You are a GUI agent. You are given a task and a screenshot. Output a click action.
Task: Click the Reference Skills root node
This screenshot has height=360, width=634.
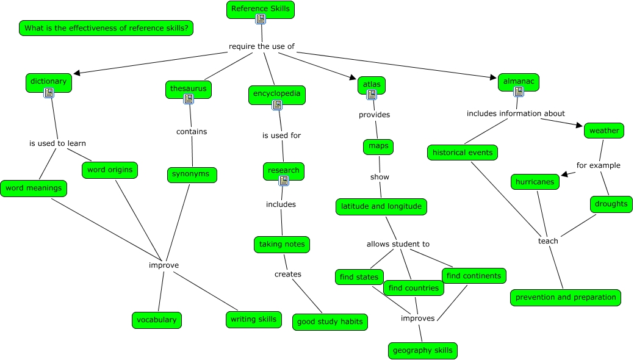(x=261, y=9)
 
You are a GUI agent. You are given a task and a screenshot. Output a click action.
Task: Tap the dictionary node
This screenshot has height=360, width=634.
(x=49, y=82)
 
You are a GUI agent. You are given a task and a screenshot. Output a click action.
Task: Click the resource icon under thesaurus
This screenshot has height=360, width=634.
(x=189, y=99)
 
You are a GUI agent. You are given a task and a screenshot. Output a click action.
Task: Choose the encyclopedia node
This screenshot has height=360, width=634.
(x=276, y=94)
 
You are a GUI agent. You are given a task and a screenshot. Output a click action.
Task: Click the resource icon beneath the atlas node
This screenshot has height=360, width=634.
(x=371, y=95)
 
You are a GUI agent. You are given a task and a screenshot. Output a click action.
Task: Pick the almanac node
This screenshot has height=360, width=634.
(x=518, y=81)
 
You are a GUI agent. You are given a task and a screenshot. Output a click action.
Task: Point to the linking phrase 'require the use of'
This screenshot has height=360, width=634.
(x=261, y=46)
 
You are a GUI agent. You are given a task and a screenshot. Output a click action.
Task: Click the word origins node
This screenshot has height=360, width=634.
(x=109, y=170)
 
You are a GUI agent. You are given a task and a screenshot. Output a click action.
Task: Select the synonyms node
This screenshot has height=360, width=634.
(x=192, y=175)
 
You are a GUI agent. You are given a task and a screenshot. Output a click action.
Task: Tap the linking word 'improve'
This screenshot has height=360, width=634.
(x=164, y=265)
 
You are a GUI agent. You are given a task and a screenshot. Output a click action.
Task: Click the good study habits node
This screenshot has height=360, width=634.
(x=330, y=322)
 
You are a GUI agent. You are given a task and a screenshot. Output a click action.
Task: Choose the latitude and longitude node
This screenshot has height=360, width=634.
(x=381, y=207)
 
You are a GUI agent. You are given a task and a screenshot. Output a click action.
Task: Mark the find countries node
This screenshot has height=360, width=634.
(x=413, y=288)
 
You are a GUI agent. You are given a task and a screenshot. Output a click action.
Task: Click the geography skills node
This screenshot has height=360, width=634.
(x=422, y=350)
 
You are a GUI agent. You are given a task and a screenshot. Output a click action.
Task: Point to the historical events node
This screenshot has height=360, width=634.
(x=462, y=153)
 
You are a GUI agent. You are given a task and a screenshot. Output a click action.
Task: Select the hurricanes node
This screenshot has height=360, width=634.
(x=535, y=182)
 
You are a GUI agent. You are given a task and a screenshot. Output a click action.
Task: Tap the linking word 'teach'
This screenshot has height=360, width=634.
(x=548, y=241)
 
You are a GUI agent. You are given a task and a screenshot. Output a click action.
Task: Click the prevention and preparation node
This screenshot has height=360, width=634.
(x=565, y=298)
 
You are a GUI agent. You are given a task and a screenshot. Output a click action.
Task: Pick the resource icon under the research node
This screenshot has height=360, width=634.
(x=283, y=181)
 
